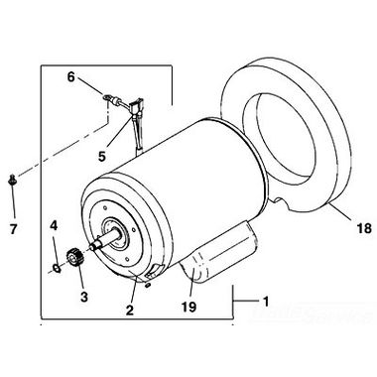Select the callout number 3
click(x=82, y=297)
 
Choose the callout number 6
click(x=71, y=75)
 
